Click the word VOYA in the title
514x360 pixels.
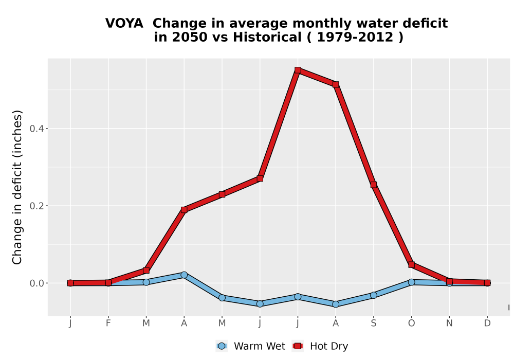(x=124, y=24)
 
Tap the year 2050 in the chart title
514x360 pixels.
(x=190, y=38)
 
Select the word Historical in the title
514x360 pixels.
(x=267, y=38)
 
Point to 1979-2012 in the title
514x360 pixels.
(x=355, y=38)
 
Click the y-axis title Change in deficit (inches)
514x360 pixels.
(x=17, y=187)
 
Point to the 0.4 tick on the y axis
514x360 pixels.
(x=36, y=129)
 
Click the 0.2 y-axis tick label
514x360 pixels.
(x=36, y=206)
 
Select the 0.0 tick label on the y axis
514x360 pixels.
(x=36, y=283)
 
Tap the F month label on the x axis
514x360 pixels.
(x=108, y=323)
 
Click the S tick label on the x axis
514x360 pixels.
(x=373, y=323)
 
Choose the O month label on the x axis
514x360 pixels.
(x=411, y=323)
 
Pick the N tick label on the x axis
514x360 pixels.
(x=449, y=323)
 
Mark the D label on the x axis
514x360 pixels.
(x=487, y=323)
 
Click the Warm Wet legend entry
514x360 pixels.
(x=250, y=346)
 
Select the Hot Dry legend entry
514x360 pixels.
(x=320, y=346)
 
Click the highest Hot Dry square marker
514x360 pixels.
(x=298, y=70)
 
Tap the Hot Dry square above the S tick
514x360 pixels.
(x=373, y=185)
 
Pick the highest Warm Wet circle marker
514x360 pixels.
(x=184, y=275)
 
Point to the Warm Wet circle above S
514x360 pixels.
(x=373, y=295)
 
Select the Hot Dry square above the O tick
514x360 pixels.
(x=411, y=264)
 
